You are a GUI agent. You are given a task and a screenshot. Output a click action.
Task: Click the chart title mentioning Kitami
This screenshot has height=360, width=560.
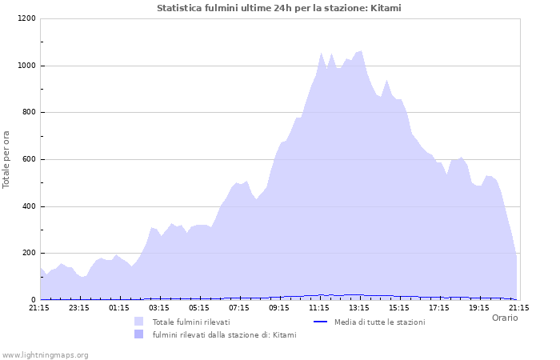point(279,8)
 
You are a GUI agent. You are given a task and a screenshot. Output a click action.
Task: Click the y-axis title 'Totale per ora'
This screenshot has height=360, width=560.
point(7,159)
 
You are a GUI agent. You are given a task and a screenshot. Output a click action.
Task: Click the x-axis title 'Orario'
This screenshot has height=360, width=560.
point(504,318)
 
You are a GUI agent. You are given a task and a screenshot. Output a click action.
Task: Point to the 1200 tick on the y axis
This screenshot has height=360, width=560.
point(26,18)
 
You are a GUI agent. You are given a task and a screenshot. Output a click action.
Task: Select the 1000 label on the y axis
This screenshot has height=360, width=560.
point(26,66)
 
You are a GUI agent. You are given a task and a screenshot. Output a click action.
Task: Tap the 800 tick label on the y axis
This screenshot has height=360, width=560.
point(29,113)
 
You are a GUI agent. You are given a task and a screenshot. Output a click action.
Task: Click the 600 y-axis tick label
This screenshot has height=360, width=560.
point(29,160)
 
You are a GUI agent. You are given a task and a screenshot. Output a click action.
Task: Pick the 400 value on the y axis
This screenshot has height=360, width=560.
point(29,207)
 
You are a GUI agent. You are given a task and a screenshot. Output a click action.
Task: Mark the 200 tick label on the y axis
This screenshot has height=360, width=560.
point(29,254)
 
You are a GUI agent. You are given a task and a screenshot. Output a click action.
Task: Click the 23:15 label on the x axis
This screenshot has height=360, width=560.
point(79,307)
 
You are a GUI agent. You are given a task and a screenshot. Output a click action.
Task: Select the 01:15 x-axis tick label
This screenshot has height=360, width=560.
point(119,307)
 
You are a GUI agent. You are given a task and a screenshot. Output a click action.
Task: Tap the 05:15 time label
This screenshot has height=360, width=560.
point(199,307)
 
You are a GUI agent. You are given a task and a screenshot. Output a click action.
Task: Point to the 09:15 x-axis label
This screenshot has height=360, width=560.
point(279,307)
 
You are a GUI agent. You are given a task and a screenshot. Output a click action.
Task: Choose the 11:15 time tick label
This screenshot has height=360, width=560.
point(319,307)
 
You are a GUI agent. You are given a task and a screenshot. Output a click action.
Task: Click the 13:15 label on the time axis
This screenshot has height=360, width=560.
point(359,307)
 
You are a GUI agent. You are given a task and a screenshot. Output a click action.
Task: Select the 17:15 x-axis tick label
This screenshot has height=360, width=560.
point(439,307)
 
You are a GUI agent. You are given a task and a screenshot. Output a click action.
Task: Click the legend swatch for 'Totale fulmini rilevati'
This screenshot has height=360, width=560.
point(139,322)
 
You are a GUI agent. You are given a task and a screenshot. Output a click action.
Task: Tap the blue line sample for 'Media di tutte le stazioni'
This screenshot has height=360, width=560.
point(320,322)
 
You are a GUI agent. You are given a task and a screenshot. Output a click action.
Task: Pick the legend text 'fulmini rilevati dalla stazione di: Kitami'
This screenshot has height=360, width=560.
point(224,334)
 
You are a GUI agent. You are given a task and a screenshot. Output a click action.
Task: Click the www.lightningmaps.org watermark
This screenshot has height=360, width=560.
point(45,354)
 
